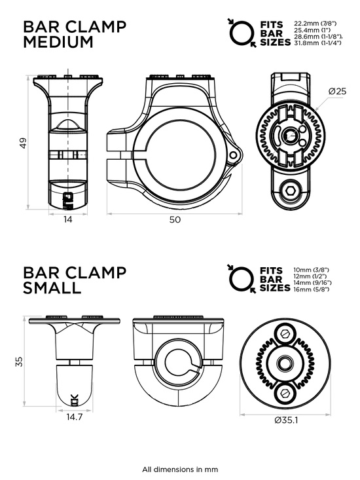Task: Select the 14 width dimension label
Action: [x=69, y=219]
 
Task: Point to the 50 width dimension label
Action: [x=175, y=220]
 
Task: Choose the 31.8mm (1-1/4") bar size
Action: [x=319, y=44]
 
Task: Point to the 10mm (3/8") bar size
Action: [x=313, y=270]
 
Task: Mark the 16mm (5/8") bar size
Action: [x=313, y=289]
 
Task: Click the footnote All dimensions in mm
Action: [x=180, y=469]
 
